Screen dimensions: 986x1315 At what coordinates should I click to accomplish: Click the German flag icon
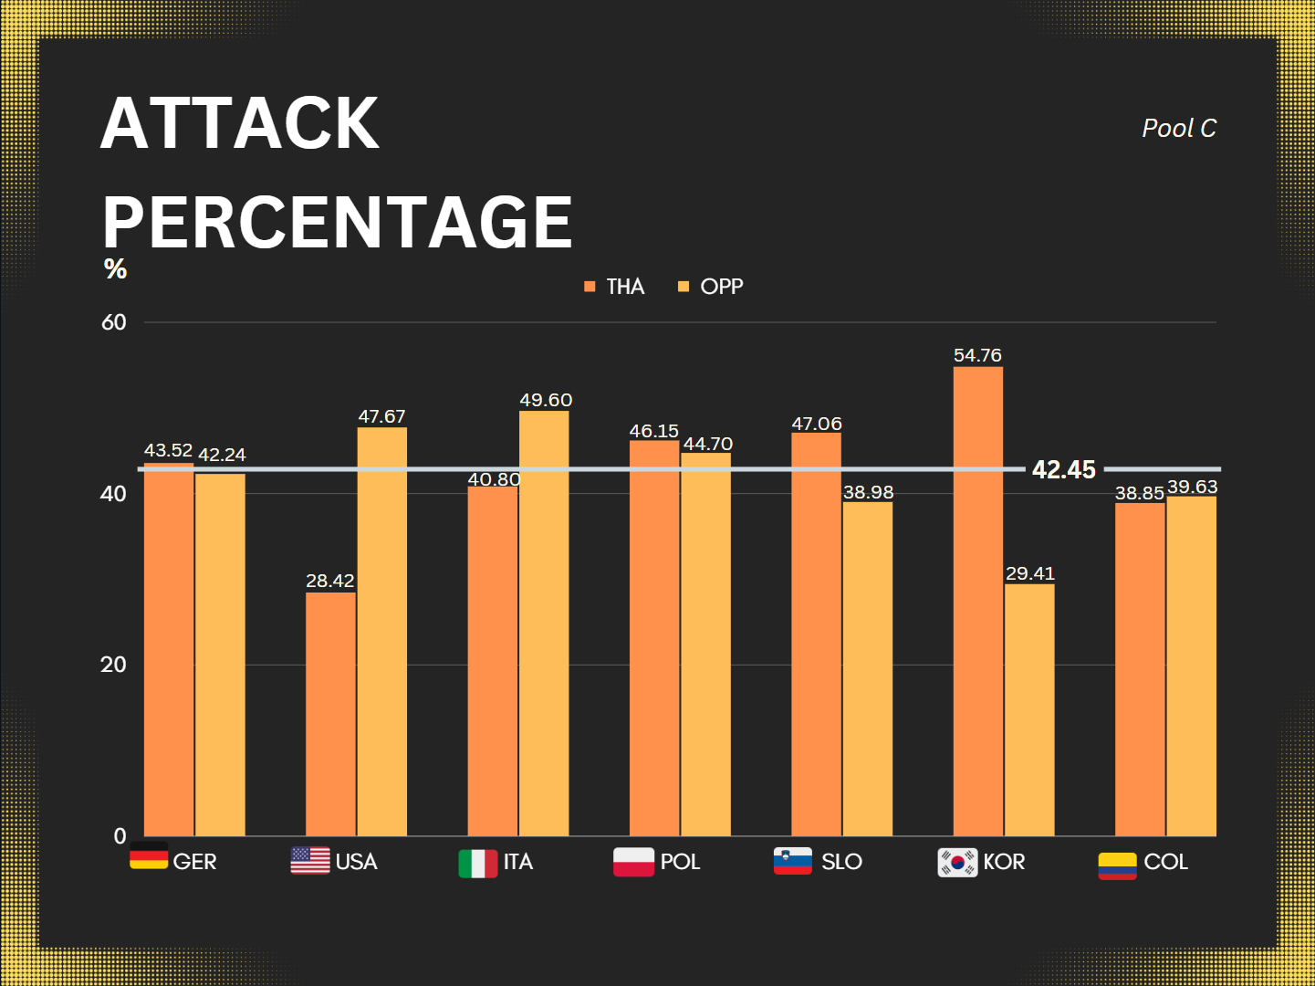click(149, 858)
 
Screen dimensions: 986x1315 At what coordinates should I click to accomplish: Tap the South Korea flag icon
click(957, 862)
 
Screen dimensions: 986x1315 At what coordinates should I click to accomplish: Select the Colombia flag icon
click(1117, 865)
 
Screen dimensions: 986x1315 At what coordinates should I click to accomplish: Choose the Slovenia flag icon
click(792, 861)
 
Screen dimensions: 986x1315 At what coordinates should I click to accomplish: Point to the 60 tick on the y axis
click(114, 322)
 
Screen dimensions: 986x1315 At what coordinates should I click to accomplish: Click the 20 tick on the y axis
click(113, 665)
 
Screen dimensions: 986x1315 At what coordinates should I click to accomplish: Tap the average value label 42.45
click(1063, 469)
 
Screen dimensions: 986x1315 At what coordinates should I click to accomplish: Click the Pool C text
click(1179, 129)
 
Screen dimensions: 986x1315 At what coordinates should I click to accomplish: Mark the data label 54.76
click(977, 355)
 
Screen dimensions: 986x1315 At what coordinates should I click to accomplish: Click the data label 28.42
click(329, 581)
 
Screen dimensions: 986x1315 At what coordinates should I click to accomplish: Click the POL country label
click(680, 862)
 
